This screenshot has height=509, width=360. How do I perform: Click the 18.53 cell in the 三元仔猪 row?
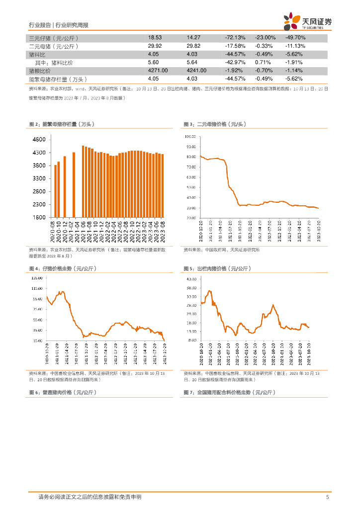155,38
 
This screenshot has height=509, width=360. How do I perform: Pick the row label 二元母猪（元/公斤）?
54,46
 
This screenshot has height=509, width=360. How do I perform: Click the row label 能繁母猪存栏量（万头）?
58,79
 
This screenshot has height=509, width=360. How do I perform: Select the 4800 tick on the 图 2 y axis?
40,140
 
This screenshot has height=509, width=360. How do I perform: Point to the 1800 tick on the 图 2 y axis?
40,218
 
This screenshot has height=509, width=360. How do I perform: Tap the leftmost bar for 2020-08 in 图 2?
55,191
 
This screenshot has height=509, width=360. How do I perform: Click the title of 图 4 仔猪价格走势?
62,268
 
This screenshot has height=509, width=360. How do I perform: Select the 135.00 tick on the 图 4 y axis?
36,277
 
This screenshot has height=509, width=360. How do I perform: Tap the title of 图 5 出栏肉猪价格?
216,268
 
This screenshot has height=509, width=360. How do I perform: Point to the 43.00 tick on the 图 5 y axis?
192,277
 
